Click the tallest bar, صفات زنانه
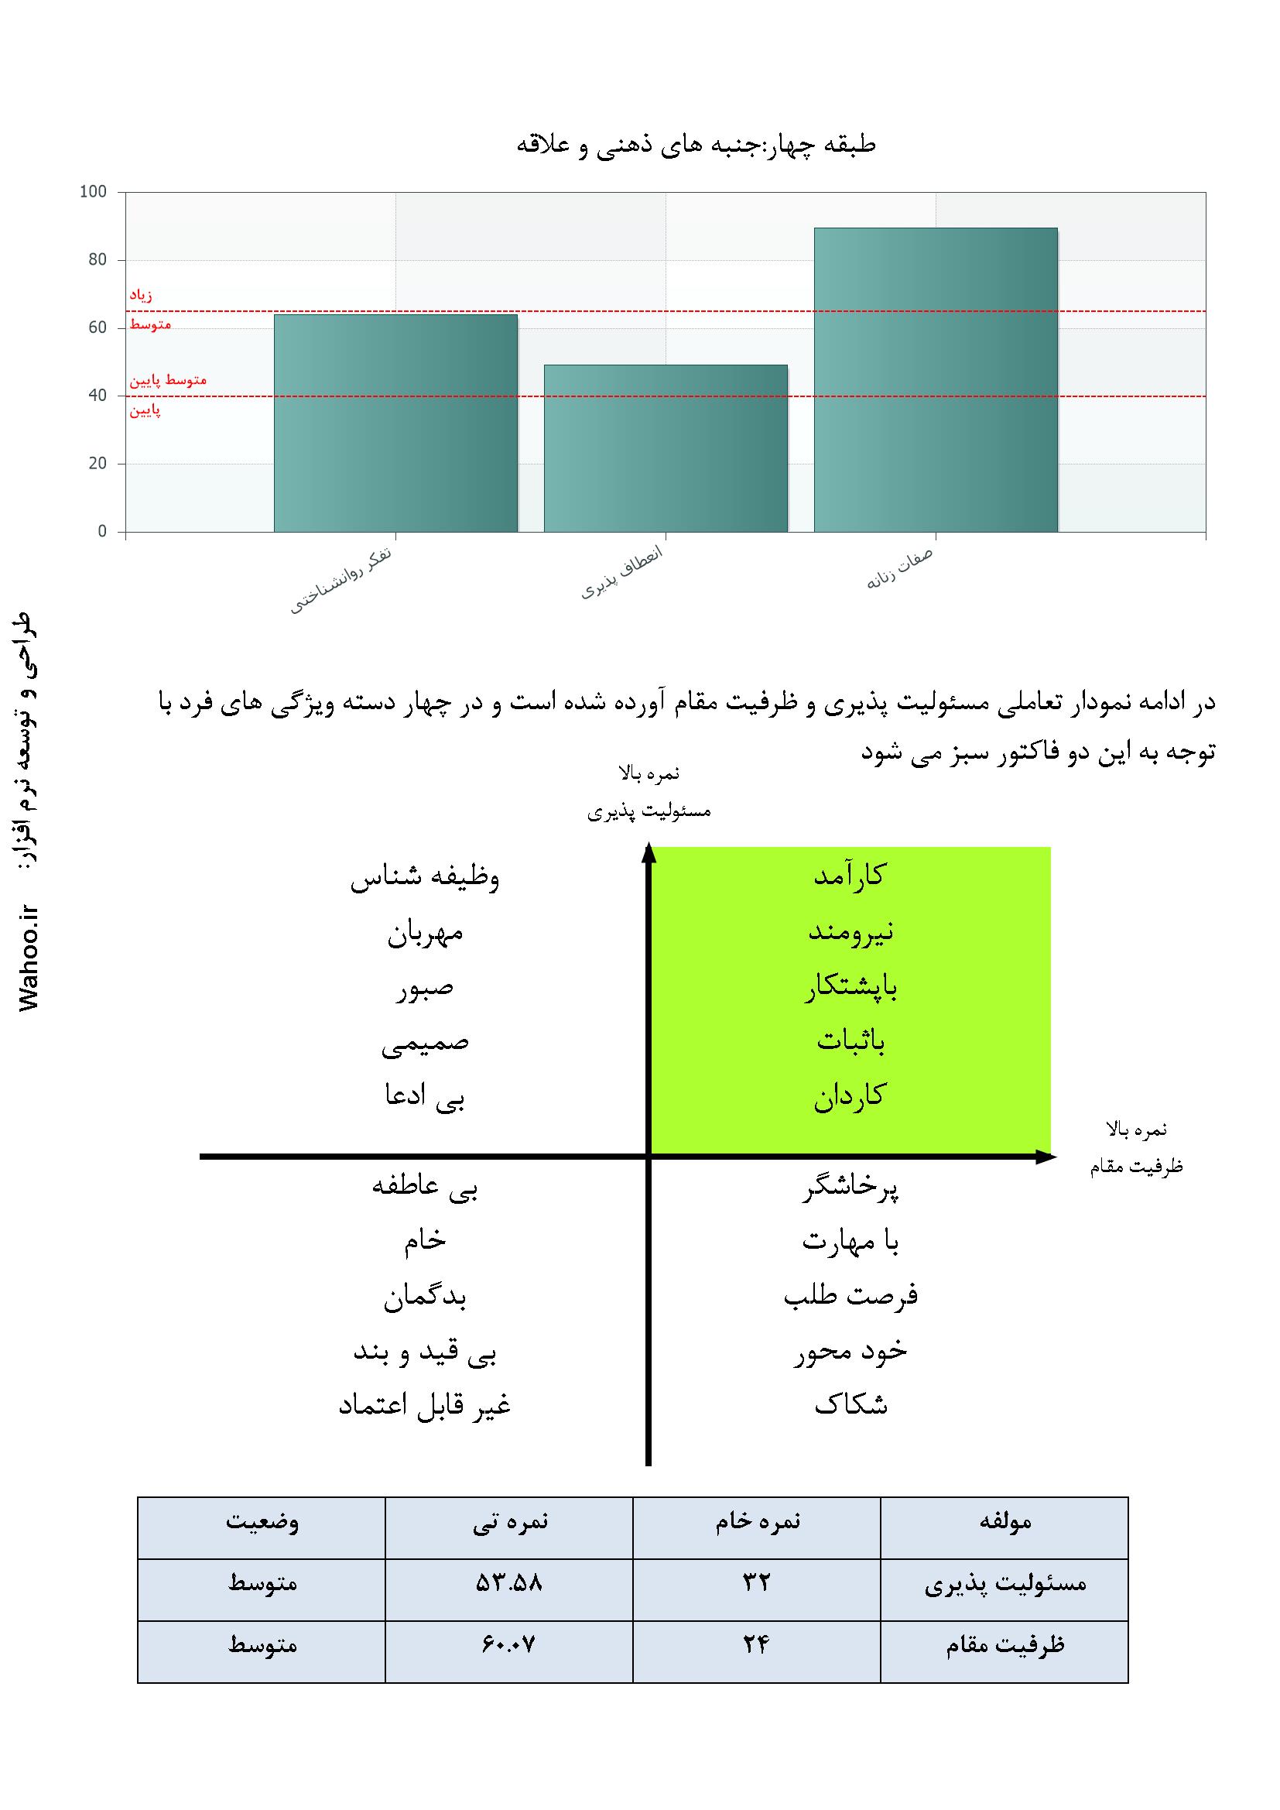pos(936,379)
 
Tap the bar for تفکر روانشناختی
pos(395,423)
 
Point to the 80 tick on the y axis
pos(98,260)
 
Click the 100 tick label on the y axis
pos(93,192)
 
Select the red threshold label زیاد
pos(141,295)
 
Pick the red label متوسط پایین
pos(168,380)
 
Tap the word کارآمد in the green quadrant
pos(850,875)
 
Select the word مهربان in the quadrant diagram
pos(425,934)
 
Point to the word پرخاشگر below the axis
pos(850,1191)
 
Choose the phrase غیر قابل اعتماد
pos(425,1407)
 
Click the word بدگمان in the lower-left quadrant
pos(425,1298)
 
